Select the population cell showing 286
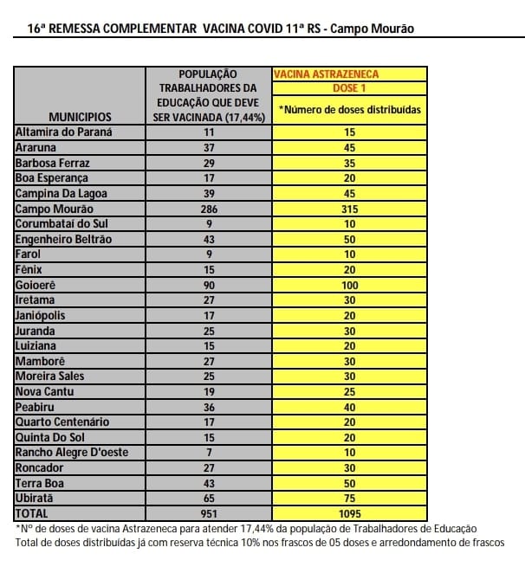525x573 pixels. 208,209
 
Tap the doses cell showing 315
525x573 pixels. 349,209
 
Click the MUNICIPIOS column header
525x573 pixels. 80,115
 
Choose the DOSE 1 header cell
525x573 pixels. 349,88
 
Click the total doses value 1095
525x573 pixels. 349,513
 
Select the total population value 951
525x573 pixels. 208,513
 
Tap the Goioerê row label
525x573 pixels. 40,285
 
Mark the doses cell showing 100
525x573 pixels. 349,285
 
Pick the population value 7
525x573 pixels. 208,452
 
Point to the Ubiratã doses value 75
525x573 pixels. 349,498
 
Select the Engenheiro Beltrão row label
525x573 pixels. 63,239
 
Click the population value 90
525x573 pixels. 208,285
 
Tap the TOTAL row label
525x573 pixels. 34,513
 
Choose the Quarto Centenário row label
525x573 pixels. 62,422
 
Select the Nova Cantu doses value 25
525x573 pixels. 349,391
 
